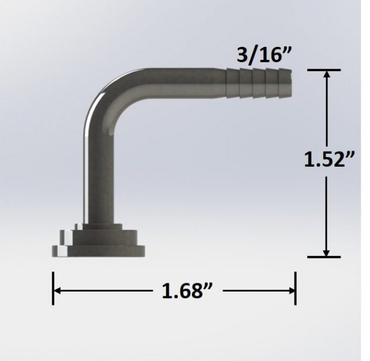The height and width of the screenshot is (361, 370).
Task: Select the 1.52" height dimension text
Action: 330,161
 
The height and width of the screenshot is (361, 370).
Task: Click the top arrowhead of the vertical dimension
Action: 326,74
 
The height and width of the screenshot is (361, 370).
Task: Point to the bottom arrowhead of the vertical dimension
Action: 326,253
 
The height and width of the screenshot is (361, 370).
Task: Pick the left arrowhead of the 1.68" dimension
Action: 58,290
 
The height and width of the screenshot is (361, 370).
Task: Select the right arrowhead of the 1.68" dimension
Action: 291,290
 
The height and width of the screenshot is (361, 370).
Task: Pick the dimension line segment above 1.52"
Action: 326,113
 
